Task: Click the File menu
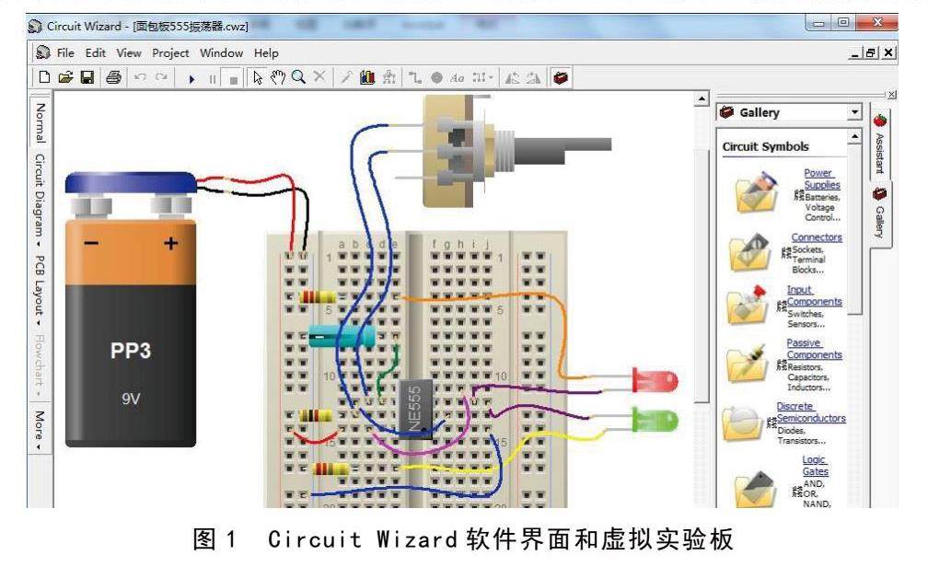pyautogui.click(x=65, y=53)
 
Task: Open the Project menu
pyautogui.click(x=170, y=53)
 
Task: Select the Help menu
pyautogui.click(x=266, y=53)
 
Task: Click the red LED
pyautogui.click(x=655, y=379)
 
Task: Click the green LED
pyautogui.click(x=655, y=421)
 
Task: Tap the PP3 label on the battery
pyautogui.click(x=131, y=352)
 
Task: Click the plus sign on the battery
pyautogui.click(x=170, y=244)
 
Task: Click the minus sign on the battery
pyautogui.click(x=90, y=244)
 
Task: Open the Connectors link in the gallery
pyautogui.click(x=817, y=237)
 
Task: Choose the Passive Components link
pyautogui.click(x=814, y=349)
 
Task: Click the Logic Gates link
pyautogui.click(x=816, y=466)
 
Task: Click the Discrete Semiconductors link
pyautogui.click(x=811, y=411)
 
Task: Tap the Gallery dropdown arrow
pyautogui.click(x=855, y=112)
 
